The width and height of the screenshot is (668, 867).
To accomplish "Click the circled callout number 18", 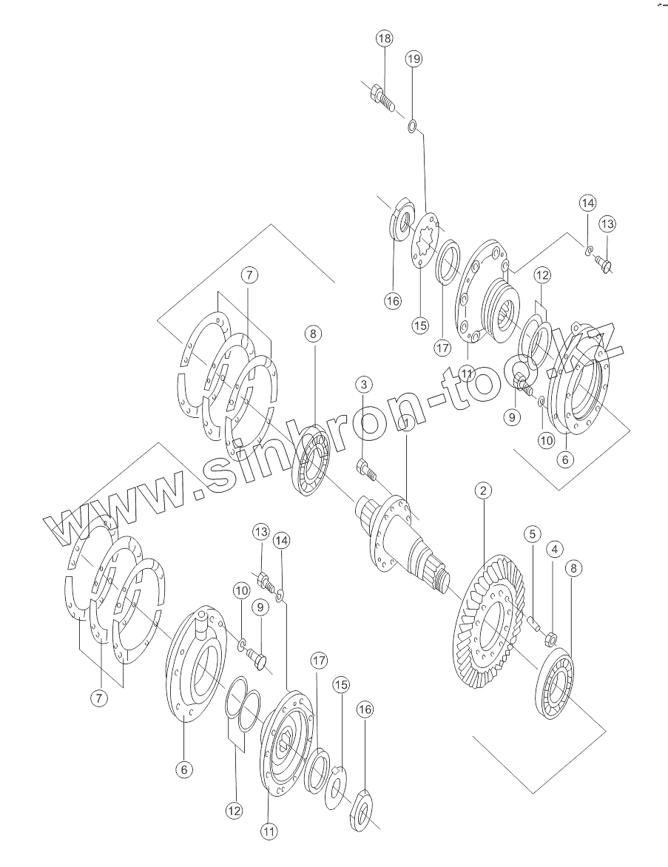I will point(384,38).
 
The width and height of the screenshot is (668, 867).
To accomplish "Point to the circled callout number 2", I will point(482,490).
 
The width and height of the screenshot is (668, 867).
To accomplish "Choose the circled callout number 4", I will point(554,549).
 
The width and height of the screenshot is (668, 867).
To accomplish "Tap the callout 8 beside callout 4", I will point(575,568).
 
